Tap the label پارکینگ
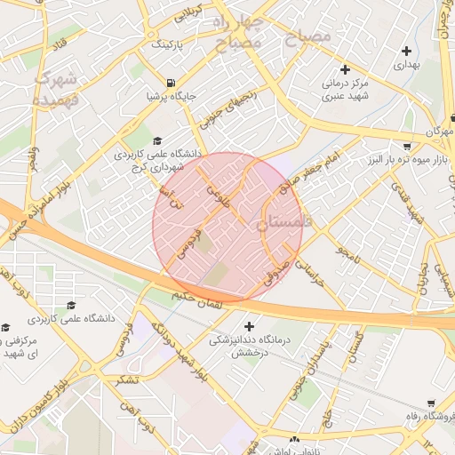(x=170, y=44)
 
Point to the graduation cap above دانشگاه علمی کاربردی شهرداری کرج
(x=158, y=140)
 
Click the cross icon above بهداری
(x=407, y=52)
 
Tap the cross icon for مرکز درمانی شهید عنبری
(x=346, y=69)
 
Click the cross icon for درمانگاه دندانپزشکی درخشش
(x=249, y=326)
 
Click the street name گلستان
(x=358, y=346)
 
